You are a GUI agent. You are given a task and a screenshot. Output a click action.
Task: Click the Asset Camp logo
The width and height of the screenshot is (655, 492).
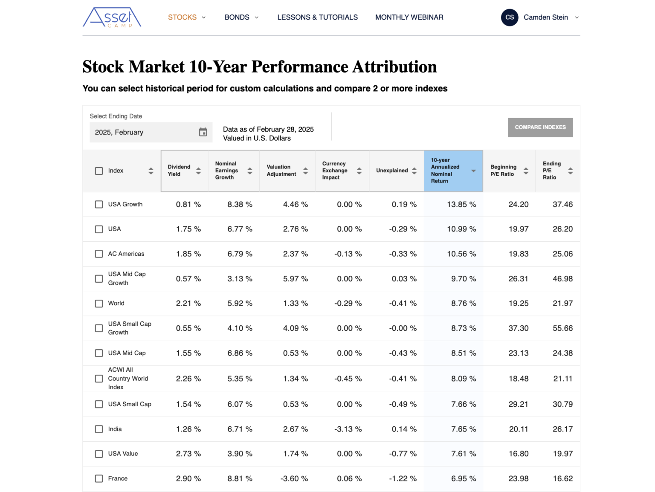[112, 17]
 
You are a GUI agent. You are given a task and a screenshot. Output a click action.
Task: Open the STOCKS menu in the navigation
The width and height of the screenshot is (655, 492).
[186, 17]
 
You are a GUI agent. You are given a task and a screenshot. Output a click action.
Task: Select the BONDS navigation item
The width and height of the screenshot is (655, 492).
[241, 17]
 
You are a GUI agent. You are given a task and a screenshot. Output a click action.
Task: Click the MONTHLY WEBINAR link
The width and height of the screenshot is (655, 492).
[409, 17]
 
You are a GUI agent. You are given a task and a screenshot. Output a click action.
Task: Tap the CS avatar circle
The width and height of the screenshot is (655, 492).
[509, 17]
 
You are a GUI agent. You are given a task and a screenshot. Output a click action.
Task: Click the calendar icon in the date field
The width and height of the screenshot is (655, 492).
[203, 132]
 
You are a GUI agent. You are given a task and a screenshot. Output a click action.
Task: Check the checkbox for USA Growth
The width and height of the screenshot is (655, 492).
[99, 205]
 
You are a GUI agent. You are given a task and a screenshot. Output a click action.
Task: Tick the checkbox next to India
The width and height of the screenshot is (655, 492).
[99, 429]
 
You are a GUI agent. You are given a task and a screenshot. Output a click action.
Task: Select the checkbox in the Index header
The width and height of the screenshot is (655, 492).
[99, 171]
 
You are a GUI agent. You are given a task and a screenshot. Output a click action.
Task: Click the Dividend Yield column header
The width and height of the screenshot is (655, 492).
[179, 171]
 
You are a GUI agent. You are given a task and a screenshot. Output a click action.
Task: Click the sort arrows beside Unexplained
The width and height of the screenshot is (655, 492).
[414, 171]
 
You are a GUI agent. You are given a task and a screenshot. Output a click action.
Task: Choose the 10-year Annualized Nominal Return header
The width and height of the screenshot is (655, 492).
[445, 171]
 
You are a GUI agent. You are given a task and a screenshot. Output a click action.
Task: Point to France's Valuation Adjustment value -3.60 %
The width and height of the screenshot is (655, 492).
[294, 479]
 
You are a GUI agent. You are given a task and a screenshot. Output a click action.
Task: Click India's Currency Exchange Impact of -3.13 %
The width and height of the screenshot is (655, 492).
[348, 429]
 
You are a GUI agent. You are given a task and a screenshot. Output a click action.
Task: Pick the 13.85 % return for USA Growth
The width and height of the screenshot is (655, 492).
[461, 205]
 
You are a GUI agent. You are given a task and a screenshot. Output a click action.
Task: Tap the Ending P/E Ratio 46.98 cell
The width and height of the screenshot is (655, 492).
[562, 279]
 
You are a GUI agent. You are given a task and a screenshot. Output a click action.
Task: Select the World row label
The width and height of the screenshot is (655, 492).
[116, 304]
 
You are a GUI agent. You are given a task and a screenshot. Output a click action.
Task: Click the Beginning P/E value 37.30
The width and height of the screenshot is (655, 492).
[518, 328]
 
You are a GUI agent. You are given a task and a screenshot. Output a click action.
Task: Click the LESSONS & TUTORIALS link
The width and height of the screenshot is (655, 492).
[317, 17]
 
